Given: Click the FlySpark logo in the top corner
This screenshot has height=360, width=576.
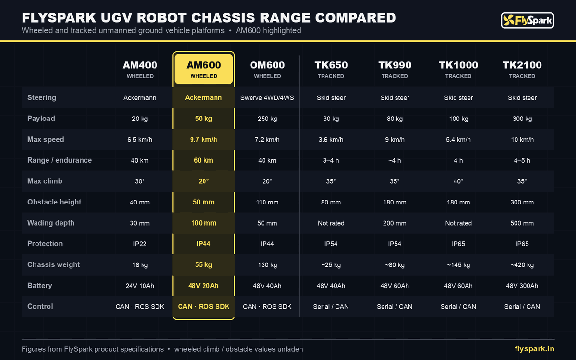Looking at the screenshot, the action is pyautogui.click(x=528, y=21).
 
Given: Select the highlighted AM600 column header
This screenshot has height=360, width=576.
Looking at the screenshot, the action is pyautogui.click(x=204, y=69).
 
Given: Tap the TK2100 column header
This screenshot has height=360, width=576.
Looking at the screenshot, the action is pyautogui.click(x=522, y=69).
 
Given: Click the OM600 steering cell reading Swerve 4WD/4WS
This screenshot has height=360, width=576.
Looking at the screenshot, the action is pyautogui.click(x=267, y=98).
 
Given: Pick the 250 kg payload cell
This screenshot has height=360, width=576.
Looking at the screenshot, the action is pyautogui.click(x=267, y=119).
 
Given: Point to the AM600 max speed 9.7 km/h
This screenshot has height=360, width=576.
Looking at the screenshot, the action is pyautogui.click(x=204, y=140).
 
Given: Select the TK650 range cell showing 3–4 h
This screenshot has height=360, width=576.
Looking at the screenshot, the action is pyautogui.click(x=331, y=160).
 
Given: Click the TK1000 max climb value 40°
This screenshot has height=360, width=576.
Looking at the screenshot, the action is pyautogui.click(x=458, y=181).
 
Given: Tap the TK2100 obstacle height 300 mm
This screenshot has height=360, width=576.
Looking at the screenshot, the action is pyautogui.click(x=522, y=202).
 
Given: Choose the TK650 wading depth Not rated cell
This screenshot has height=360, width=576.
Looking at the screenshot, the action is pyautogui.click(x=331, y=223).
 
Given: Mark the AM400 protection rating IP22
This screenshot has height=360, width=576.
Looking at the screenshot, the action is pyautogui.click(x=140, y=244).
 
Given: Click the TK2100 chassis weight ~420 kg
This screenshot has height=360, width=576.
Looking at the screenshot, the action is pyautogui.click(x=522, y=265).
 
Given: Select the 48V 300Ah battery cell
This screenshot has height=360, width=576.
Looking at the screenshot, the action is pyautogui.click(x=522, y=286).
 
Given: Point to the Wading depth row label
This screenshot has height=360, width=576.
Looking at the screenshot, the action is pyautogui.click(x=51, y=223).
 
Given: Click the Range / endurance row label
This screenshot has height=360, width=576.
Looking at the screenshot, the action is pyautogui.click(x=60, y=160).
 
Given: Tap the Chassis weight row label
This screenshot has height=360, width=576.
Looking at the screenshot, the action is pyautogui.click(x=53, y=265).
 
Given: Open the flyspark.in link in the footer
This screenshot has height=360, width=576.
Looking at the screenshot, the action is pyautogui.click(x=534, y=349).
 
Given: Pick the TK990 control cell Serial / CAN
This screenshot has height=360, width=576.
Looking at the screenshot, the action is pyautogui.click(x=395, y=307).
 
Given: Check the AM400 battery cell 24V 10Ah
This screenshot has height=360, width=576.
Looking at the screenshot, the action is pyautogui.click(x=140, y=286).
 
